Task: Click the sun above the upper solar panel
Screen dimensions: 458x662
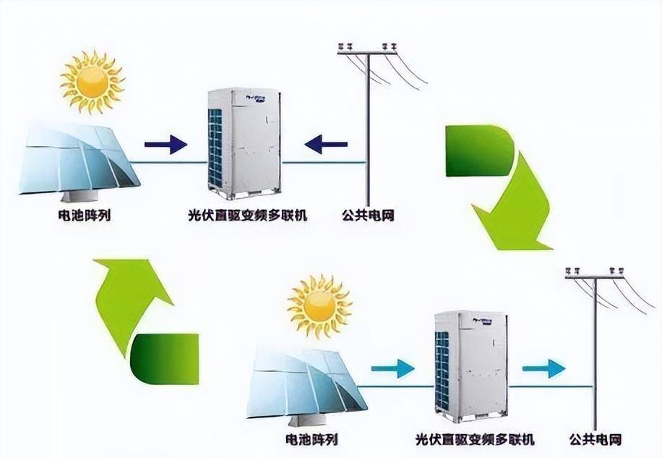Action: point(93,81)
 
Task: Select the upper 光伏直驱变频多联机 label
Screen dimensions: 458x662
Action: point(245,215)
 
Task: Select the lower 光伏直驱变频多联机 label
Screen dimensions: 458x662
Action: point(474,439)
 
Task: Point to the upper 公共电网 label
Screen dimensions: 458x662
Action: point(368,215)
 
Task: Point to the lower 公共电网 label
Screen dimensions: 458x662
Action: point(595,439)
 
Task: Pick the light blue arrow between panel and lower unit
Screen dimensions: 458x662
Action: point(392,369)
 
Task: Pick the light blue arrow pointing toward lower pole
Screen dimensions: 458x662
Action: point(543,369)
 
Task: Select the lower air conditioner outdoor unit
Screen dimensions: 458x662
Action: point(470,366)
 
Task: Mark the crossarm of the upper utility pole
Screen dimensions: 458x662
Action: point(367,52)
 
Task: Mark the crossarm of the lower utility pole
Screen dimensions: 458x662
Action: point(594,276)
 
